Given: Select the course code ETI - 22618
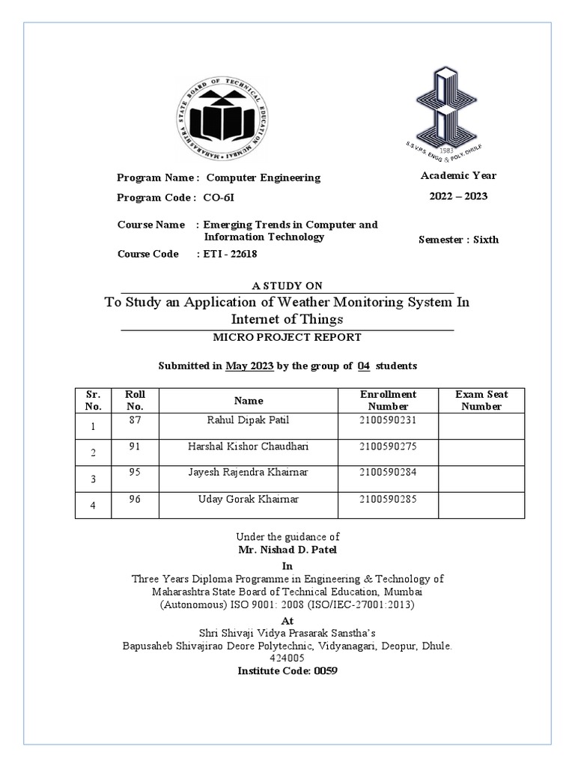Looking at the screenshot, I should tap(231, 254).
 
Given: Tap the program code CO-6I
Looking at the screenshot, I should tap(224, 198).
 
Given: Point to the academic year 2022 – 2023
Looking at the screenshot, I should tap(457, 196).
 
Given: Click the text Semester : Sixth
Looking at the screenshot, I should tap(457, 240).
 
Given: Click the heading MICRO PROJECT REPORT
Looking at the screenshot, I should tap(287, 337).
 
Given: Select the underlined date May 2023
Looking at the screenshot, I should tap(246, 366).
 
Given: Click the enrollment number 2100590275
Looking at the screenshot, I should tap(387, 447).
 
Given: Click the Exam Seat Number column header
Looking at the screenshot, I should tap(481, 400).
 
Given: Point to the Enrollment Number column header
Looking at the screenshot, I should tap(387, 400).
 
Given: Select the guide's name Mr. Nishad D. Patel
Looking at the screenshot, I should tap(287, 548).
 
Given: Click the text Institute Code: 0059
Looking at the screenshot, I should tap(287, 670).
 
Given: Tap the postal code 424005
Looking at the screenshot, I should tap(287, 658).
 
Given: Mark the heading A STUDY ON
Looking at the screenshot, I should tap(287, 285).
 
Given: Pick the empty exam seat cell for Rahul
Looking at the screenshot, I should tap(481, 425).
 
